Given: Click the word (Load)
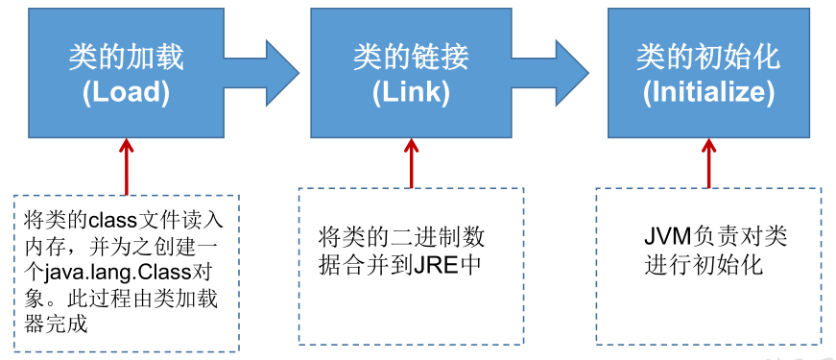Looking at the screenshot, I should coord(126,92).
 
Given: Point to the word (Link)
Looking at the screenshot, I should coord(410,92).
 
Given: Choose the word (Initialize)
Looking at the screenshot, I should coord(709,92).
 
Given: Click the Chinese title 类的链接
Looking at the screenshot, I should coord(410,59).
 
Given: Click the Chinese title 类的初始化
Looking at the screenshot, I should coord(709,59).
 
